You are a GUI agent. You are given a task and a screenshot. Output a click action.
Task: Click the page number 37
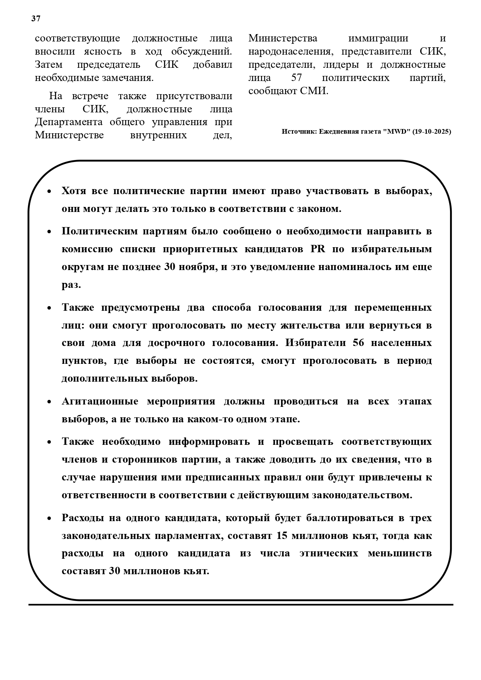coord(36,19)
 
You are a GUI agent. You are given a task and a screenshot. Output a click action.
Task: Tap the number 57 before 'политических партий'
coord(296,78)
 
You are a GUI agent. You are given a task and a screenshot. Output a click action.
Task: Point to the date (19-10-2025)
coord(432,131)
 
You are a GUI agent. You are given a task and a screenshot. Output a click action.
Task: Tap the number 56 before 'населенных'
coord(359,343)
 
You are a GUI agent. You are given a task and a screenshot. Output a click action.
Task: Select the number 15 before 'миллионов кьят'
coord(283,536)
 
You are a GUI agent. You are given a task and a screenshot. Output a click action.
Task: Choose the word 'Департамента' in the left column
coord(69,122)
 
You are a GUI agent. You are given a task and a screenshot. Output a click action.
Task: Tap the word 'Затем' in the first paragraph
coord(48,65)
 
